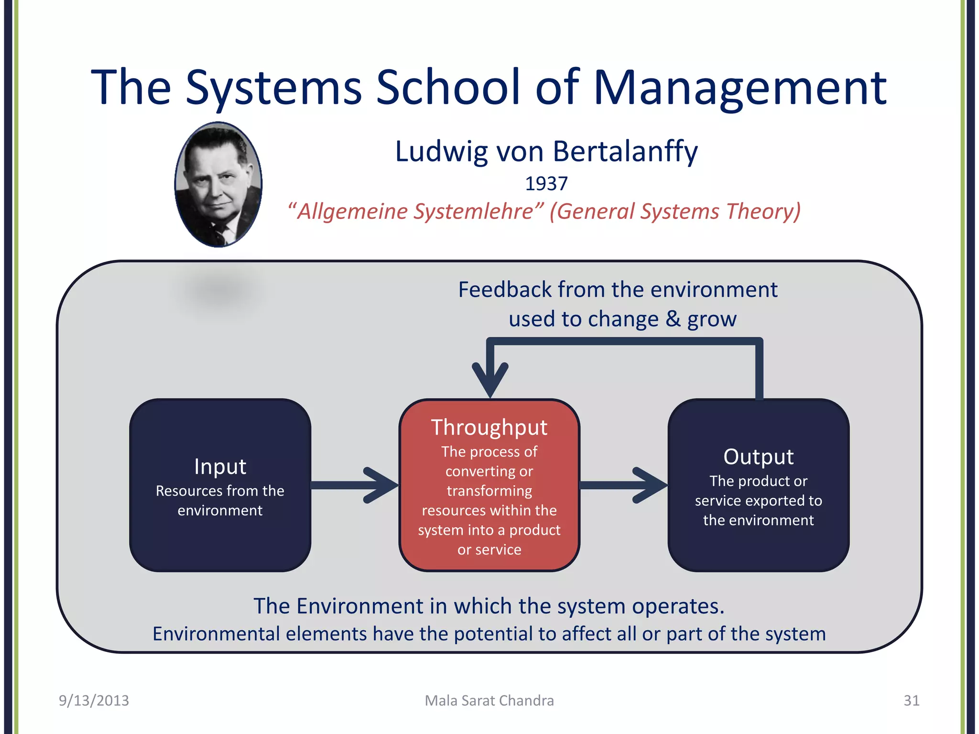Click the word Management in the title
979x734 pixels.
tap(740, 88)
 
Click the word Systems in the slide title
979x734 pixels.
tap(273, 88)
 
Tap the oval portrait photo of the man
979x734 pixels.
tap(218, 184)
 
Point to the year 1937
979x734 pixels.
tap(546, 184)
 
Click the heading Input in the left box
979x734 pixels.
tap(220, 466)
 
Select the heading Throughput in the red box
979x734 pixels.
tap(489, 427)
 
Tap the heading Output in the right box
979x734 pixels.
tap(758, 457)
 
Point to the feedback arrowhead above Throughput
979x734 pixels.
tap(490, 378)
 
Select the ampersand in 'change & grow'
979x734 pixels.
tap(673, 319)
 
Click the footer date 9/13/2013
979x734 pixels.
tap(94, 701)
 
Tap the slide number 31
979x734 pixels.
tap(911, 701)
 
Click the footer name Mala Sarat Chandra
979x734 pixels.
tap(489, 701)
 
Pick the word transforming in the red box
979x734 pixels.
tap(489, 491)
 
